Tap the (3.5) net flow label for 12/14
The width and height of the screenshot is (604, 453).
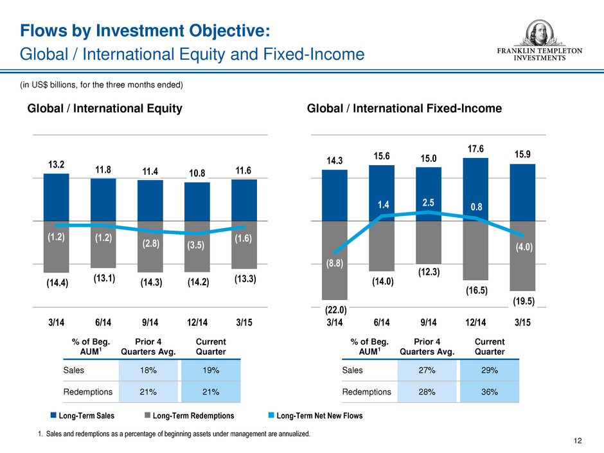(197, 245)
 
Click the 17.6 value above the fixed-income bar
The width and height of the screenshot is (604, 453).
(475, 148)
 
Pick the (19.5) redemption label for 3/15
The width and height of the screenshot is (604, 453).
(522, 300)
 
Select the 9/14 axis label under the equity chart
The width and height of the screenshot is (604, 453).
(150, 319)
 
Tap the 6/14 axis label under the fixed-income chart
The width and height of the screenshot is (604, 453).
(382, 319)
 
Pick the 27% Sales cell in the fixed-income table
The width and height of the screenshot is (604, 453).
(427, 369)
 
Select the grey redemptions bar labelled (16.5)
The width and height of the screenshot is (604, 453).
(475, 251)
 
